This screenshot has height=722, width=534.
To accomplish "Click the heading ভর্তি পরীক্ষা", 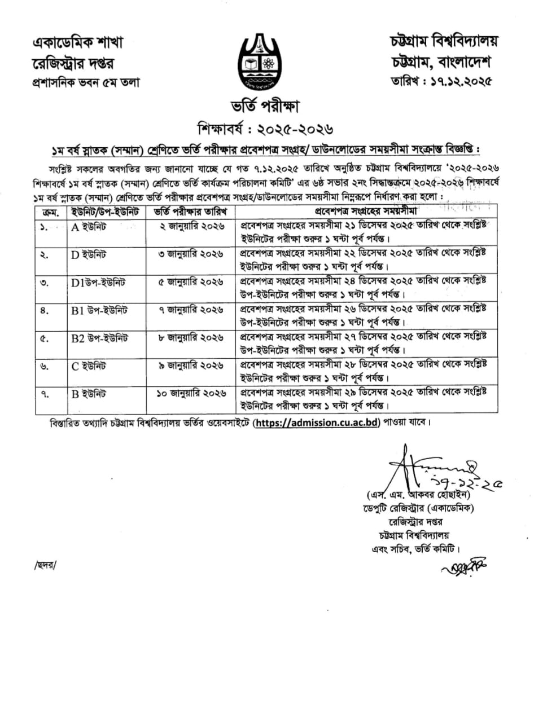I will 266,106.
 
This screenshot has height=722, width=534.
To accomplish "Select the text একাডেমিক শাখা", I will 77,42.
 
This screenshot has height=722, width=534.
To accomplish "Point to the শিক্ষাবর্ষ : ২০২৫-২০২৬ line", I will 266,127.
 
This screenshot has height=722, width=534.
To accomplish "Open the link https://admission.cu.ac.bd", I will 316,422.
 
